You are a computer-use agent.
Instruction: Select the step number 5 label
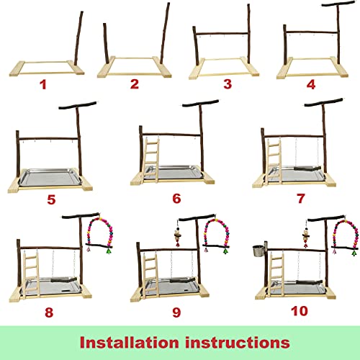click(x=51, y=199)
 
